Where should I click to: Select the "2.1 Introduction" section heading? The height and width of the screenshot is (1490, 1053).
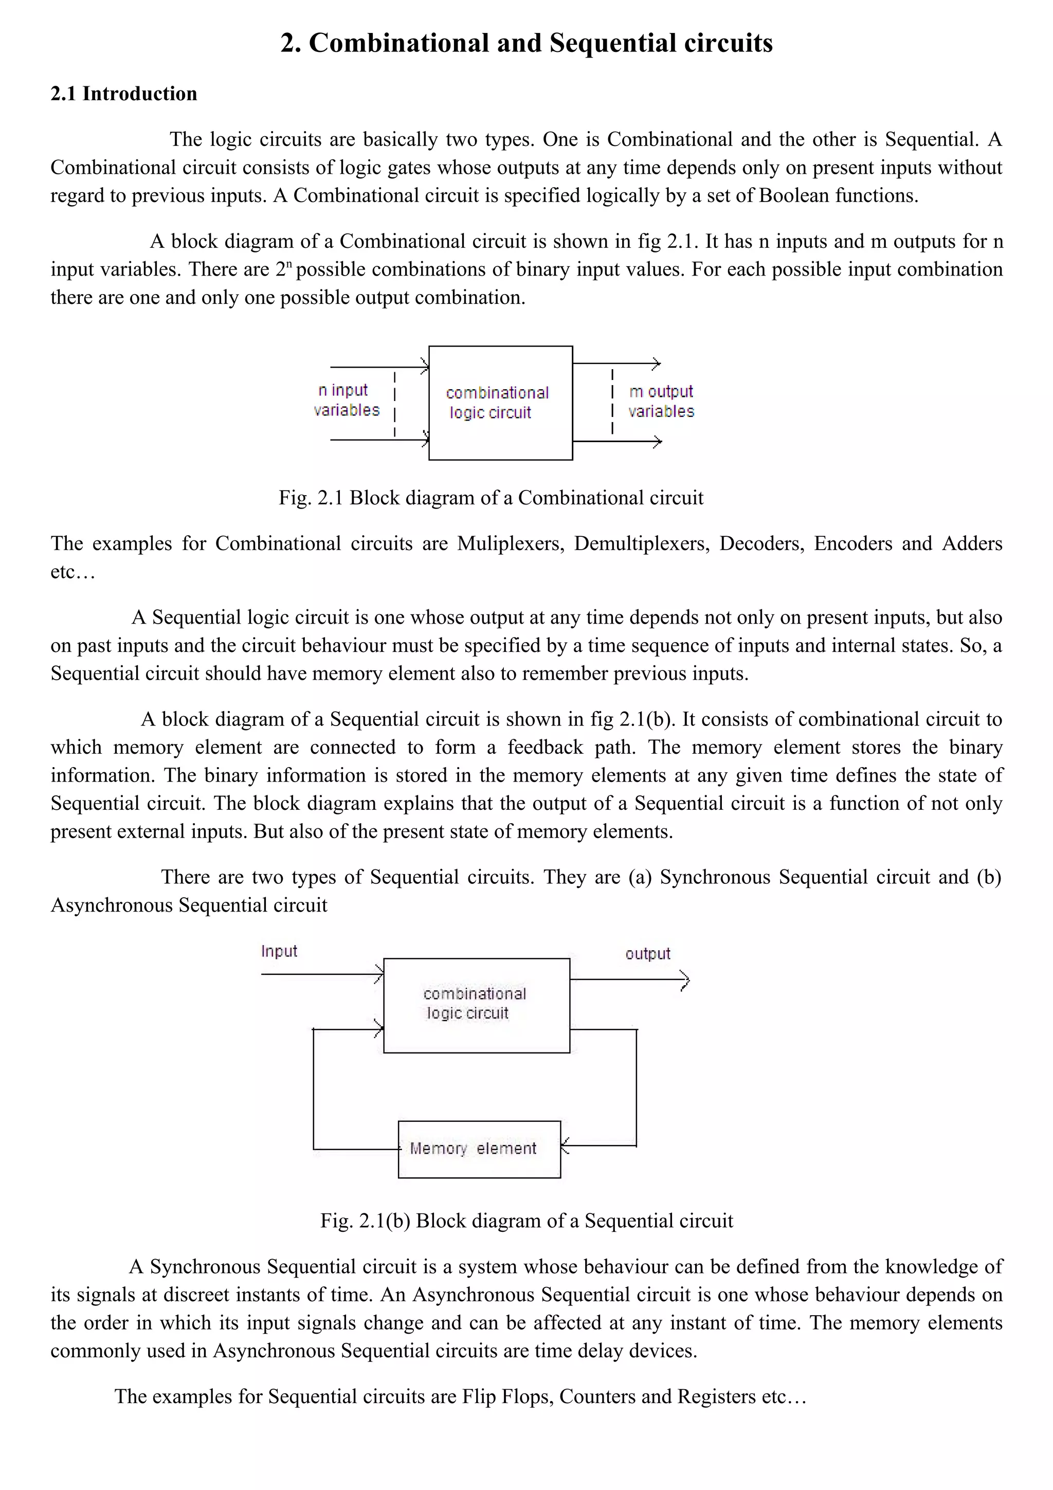[124, 94]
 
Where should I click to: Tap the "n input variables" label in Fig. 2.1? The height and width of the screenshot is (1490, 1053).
[346, 400]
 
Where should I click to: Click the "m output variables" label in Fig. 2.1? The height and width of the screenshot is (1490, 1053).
[661, 401]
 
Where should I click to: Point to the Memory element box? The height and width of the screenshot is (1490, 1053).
[479, 1149]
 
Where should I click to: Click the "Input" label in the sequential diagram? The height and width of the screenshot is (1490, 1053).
[279, 951]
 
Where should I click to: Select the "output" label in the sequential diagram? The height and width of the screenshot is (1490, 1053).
[647, 954]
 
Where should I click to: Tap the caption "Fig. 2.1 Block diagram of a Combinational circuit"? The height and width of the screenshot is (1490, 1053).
[491, 498]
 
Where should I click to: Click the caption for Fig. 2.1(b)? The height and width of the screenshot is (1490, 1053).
[526, 1221]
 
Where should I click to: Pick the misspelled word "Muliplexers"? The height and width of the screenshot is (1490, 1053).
[511, 544]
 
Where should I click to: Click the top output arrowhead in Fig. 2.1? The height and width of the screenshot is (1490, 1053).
[657, 364]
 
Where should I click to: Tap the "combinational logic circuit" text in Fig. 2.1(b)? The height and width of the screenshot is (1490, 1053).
[474, 1003]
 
